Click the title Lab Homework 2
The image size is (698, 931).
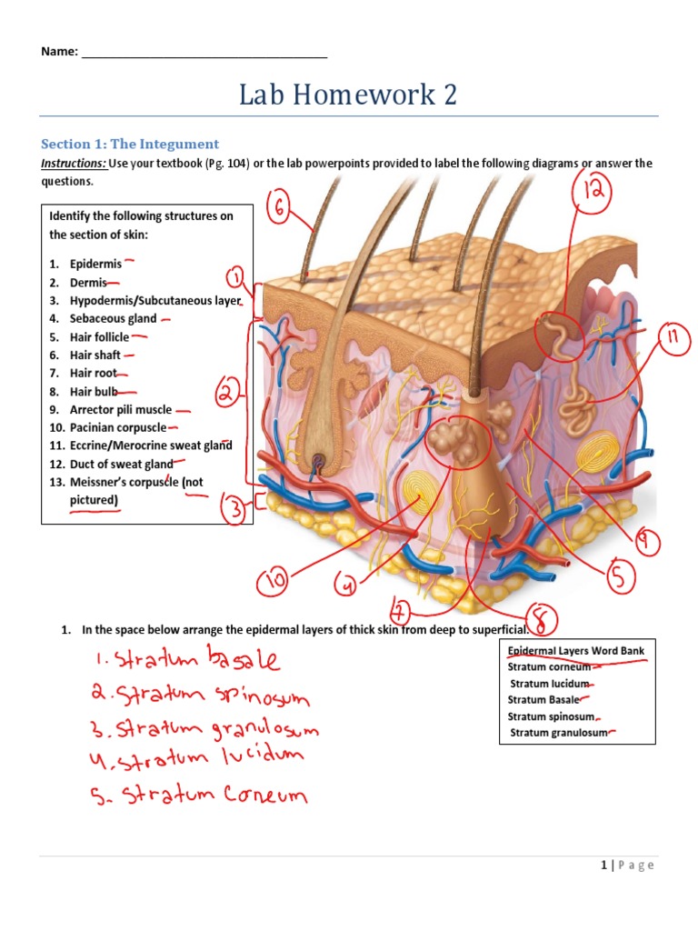pos(348,95)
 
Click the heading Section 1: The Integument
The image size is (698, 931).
pos(130,144)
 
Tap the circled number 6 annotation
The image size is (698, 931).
pos(279,211)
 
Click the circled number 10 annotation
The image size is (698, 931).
pos(274,579)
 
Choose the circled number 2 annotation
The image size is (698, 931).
pos(228,395)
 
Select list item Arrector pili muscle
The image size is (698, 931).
pos(121,410)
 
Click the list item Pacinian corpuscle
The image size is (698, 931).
pos(118,428)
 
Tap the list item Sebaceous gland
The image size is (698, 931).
pos(113,319)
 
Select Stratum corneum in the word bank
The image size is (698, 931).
pos(549,666)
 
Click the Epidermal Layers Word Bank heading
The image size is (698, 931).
pos(575,651)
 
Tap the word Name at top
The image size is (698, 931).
pos(59,52)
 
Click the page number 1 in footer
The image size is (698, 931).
pos(603,865)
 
